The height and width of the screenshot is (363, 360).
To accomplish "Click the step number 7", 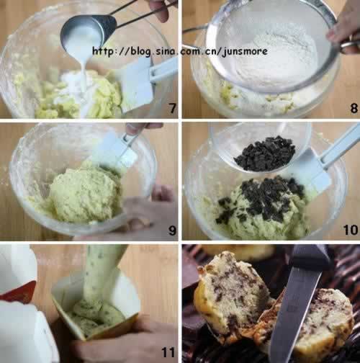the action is (x=173, y=108).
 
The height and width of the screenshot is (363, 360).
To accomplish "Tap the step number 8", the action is (x=354, y=108).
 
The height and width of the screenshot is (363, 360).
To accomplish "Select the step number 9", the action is (x=172, y=230).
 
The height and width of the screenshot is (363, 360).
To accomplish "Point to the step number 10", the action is (x=351, y=230).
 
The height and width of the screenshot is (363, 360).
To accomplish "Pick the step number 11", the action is (x=168, y=352).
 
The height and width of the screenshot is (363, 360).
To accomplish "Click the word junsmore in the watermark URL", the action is (x=245, y=52).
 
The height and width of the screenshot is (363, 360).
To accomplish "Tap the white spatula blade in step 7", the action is (x=138, y=85).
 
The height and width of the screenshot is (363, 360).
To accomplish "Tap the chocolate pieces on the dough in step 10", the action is (x=261, y=200).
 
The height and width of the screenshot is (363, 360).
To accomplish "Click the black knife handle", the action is (x=312, y=258).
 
